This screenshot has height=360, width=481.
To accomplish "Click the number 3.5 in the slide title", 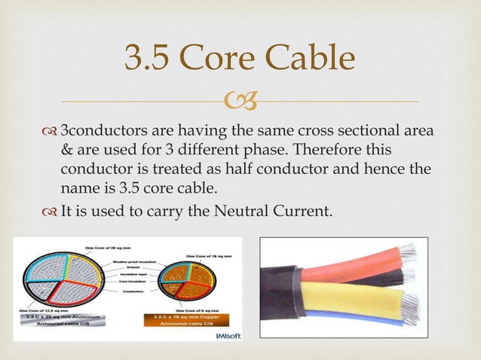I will point(149,59).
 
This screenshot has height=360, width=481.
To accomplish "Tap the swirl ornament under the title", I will point(241,99).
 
